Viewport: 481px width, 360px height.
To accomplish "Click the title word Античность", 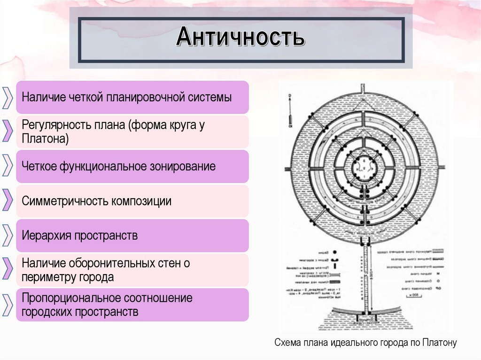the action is click(x=240, y=38).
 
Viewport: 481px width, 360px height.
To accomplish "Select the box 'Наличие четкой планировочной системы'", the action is click(x=132, y=98).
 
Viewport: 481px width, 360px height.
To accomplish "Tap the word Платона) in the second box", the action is click(x=45, y=139).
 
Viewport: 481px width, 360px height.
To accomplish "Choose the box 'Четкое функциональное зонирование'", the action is click(x=132, y=166).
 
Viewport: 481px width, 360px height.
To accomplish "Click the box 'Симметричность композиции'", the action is click(x=132, y=201).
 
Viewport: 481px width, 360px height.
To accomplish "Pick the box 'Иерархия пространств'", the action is click(x=132, y=235).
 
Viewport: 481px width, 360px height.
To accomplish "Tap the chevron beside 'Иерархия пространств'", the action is click(x=7, y=235).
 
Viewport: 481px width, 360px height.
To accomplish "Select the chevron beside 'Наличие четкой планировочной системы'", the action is click(x=7, y=98).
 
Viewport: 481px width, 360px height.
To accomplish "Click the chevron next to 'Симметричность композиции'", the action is click(x=7, y=201).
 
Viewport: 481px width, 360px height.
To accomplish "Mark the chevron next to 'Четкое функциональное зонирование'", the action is click(x=7, y=166).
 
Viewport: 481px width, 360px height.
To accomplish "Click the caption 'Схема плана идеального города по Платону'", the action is click(x=365, y=343).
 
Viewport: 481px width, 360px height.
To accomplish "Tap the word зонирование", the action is click(x=186, y=166).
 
